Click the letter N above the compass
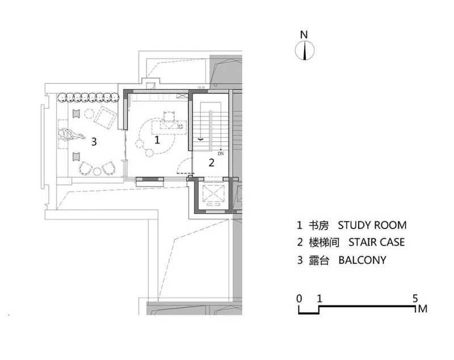coord(304,35)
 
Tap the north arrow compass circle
coord(305,50)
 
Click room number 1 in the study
coord(157,140)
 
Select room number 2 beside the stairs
coord(212,163)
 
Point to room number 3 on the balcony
coord(94,142)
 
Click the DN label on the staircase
coord(221,154)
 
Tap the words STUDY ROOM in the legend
coord(372,225)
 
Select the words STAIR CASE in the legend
coord(376,242)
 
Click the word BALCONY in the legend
coord(362,260)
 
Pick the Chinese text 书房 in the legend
coord(318,225)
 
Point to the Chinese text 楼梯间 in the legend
coord(324,242)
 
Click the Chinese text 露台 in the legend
coord(319,260)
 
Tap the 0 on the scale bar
coord(299,299)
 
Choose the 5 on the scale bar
coord(415,299)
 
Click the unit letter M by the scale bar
coord(423,309)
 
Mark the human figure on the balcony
coord(72,135)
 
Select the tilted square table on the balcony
coord(106,117)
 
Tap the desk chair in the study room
coord(169,116)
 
